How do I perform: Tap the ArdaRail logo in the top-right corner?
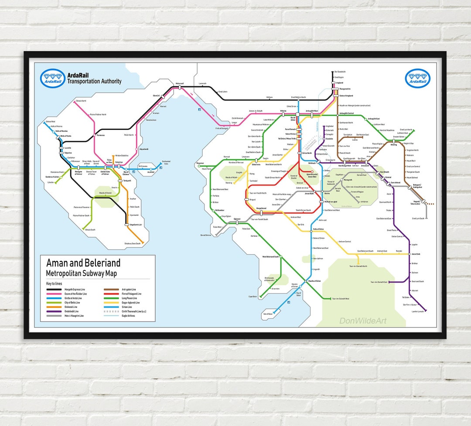coord(418,78)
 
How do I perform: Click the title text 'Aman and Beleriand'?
coord(83,263)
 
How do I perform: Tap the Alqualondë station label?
coord(144,149)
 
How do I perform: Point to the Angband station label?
coord(340,82)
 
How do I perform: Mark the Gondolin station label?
coord(330,139)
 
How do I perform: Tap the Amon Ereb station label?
coord(416,254)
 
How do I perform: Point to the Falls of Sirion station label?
coord(318,229)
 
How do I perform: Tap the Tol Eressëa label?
coord(143,166)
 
